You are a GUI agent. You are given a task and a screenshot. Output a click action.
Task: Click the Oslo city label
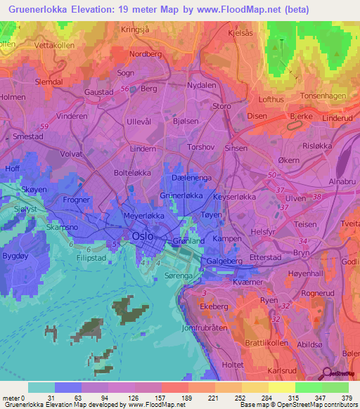point(146,237)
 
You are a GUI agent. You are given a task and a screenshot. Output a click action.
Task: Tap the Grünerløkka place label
point(181,196)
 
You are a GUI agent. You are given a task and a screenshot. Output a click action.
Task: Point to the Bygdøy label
point(15,257)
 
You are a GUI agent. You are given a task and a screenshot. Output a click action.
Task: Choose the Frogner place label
point(77,200)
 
